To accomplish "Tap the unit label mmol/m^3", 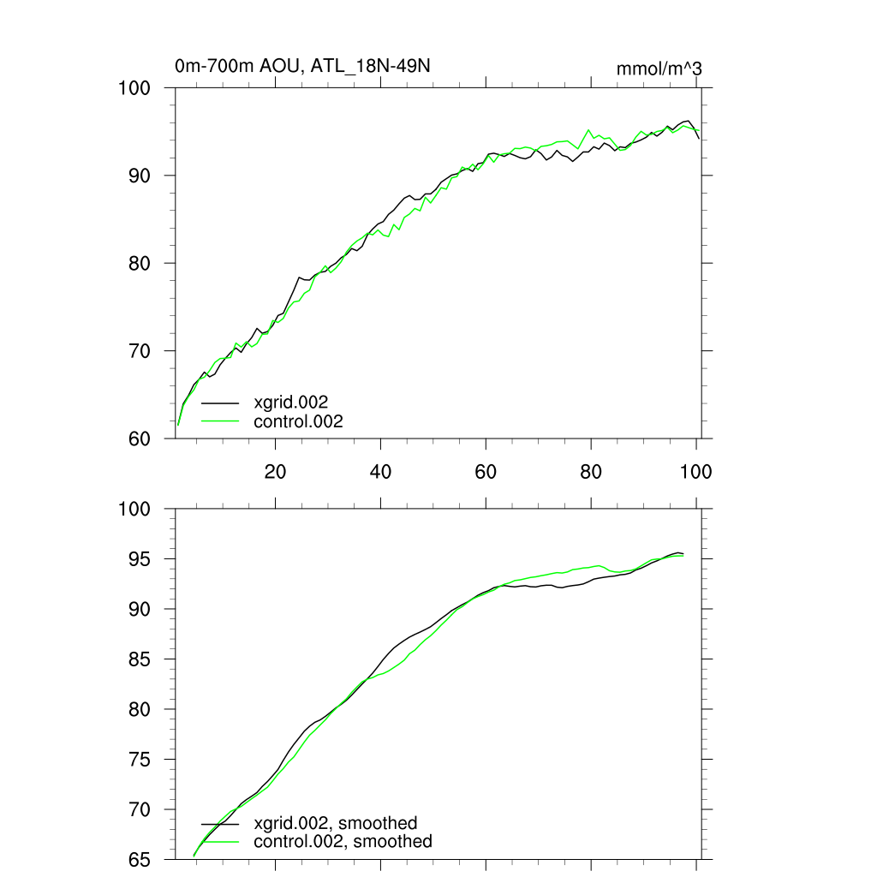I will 659,69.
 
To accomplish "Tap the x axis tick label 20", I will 275,471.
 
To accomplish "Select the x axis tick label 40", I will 380,471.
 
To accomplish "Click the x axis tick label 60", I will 486,471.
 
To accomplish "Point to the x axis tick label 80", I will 591,471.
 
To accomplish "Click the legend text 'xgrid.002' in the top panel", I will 291,402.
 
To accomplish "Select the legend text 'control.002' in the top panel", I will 298,421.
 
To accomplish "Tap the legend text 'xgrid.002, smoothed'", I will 336,823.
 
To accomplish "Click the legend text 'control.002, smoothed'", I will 343,842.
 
